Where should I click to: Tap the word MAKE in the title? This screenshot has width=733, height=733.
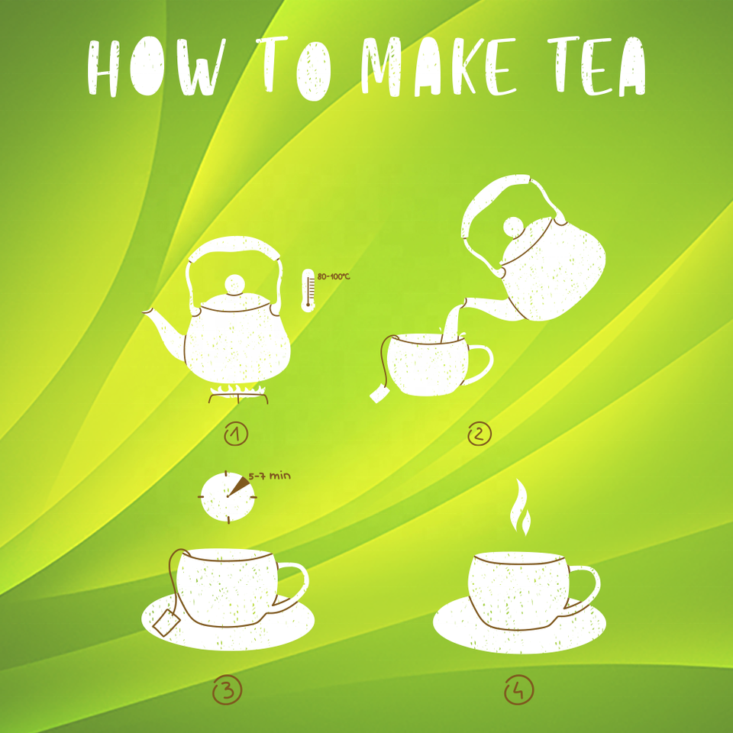[439, 67]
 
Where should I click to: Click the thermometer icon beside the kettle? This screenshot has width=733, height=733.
[308, 290]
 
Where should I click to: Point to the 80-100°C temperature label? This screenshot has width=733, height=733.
[334, 276]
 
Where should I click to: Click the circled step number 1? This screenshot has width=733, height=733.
[236, 434]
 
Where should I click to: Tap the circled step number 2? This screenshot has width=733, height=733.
[480, 434]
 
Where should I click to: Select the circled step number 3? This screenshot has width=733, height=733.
[228, 690]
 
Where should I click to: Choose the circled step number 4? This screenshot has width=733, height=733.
[519, 690]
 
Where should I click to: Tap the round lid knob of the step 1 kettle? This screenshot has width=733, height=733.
[234, 284]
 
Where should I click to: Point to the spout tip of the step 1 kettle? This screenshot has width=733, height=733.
[147, 312]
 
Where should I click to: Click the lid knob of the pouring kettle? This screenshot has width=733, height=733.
[513, 228]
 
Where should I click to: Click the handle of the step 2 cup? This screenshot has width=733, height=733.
[480, 363]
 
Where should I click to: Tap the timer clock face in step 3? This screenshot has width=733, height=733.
[228, 497]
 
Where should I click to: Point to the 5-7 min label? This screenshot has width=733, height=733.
[270, 476]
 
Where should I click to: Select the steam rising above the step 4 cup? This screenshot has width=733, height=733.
[520, 506]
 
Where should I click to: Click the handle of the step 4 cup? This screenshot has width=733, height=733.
[584, 589]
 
